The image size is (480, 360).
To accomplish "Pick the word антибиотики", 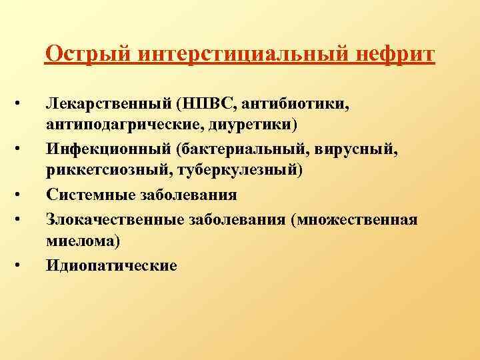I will point(295,105).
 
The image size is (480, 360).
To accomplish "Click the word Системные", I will point(88,195).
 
